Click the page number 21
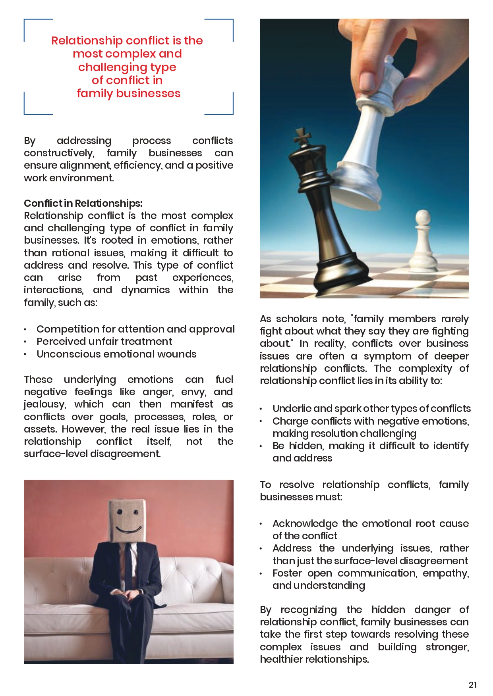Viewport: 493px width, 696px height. pyautogui.click(x=472, y=684)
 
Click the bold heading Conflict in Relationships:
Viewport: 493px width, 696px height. pyautogui.click(x=83, y=203)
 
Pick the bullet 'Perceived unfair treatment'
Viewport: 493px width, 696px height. pyautogui.click(x=104, y=341)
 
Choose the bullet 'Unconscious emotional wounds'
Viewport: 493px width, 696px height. pyautogui.click(x=116, y=354)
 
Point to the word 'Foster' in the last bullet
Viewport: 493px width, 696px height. pyautogui.click(x=287, y=573)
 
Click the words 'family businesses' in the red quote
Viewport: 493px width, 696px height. pyautogui.click(x=128, y=93)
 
